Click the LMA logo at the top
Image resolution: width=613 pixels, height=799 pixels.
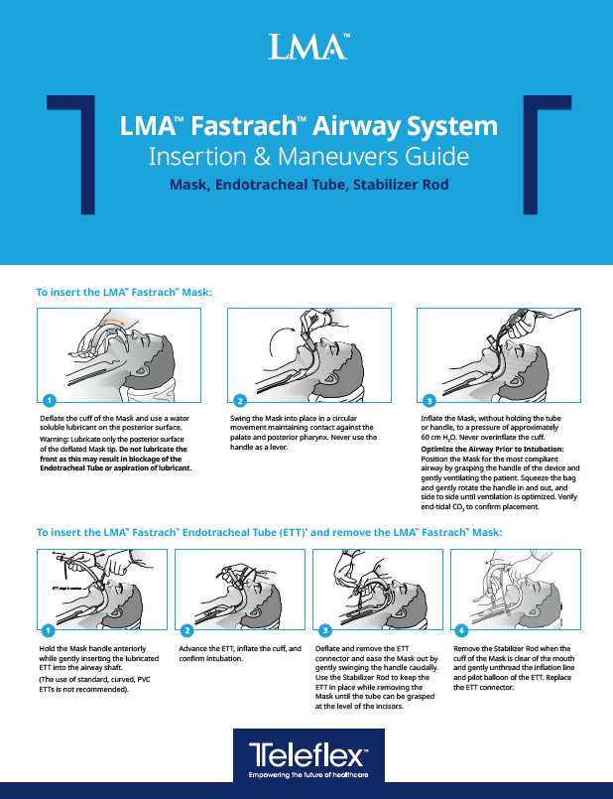coord(306,46)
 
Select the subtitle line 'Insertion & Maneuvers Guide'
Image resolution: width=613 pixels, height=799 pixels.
coord(306,156)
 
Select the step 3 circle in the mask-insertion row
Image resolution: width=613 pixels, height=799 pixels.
coord(429,400)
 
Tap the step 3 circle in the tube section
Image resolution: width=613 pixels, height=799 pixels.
coord(323,630)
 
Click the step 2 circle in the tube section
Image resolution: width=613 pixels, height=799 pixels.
coord(186,630)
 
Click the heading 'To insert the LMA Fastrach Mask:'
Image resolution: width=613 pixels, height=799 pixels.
coord(125,293)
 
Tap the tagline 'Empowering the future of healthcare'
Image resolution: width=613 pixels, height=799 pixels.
coord(306,773)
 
